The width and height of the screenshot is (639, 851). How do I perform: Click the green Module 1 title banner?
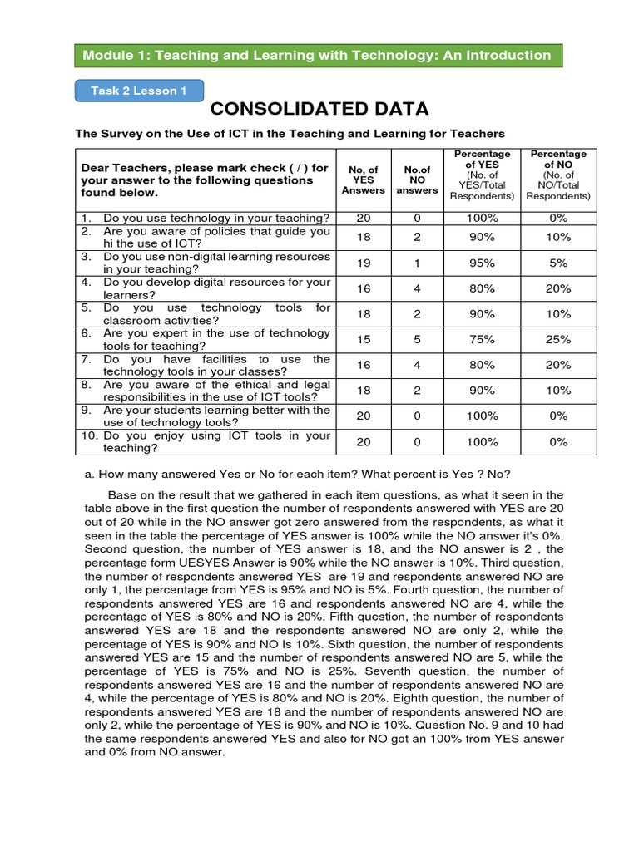coord(316,56)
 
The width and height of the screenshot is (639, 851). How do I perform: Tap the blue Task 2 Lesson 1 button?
coord(139,91)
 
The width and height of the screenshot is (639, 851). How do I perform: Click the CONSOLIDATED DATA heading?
coord(319,110)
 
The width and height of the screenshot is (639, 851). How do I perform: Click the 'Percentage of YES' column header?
coord(482,175)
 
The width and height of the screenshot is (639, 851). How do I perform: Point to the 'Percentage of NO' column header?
coord(558,175)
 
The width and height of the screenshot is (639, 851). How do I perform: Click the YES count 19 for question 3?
coord(364,263)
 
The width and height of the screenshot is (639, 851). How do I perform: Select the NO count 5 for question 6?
coord(417,339)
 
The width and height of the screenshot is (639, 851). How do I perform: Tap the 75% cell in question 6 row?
coord(482,339)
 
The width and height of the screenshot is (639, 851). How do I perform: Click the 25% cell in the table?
coord(558,339)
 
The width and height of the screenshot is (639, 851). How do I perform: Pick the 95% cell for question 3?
coord(482,263)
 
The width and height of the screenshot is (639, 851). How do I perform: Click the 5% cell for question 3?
coord(558,263)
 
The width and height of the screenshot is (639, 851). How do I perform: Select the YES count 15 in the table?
coord(364,339)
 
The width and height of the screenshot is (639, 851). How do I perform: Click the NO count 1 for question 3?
coord(417,263)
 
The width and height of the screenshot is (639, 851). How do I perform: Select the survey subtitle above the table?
coord(290,133)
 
